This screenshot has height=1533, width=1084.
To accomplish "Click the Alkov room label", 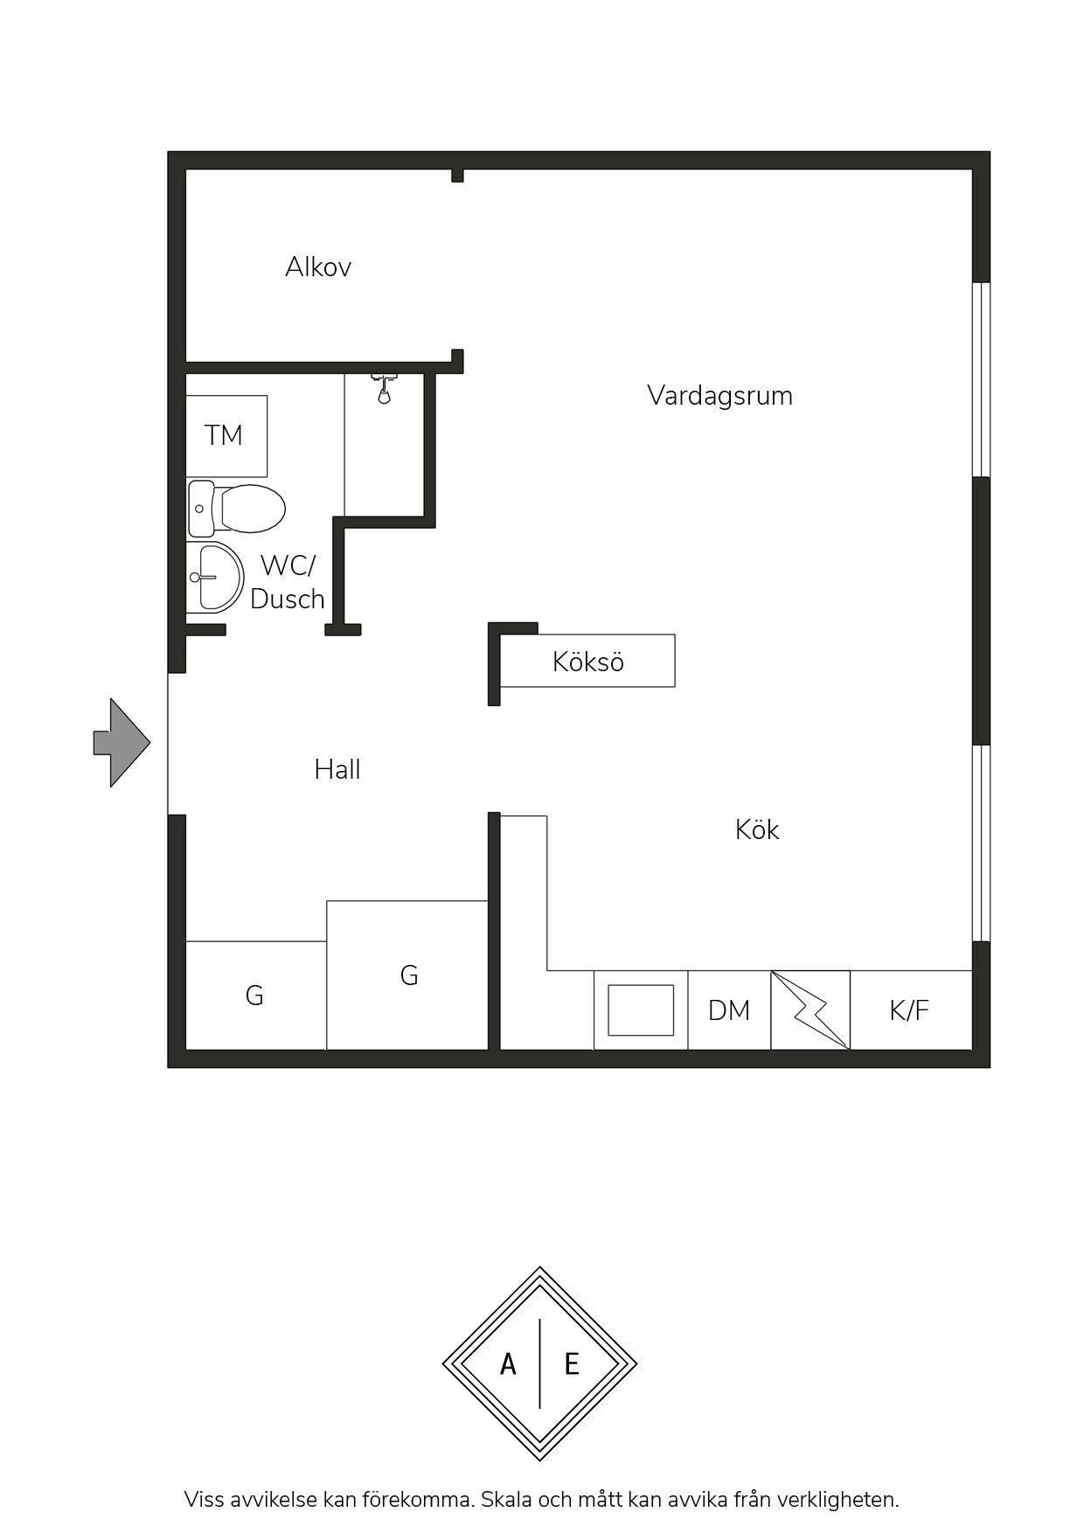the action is (x=318, y=267).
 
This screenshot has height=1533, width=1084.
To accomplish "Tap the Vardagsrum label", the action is (x=719, y=395).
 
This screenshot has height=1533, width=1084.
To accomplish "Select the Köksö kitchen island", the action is (x=587, y=661).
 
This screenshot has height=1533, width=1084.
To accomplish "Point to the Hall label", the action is (x=337, y=769).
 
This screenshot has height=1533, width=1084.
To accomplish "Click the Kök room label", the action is (x=757, y=829).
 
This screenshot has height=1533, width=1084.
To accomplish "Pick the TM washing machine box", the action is (x=226, y=435).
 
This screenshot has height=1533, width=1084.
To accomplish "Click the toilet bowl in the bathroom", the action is (x=252, y=508).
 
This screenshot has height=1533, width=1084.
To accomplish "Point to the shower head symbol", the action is (x=384, y=389).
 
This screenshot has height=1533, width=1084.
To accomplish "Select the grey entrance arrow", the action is (x=122, y=743).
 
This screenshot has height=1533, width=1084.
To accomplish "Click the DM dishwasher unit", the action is (x=729, y=1010).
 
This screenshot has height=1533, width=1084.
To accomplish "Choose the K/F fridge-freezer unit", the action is (x=910, y=1010).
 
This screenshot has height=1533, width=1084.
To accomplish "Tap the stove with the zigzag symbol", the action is (x=810, y=1010).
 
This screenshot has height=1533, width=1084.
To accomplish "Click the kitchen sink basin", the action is (x=641, y=1010).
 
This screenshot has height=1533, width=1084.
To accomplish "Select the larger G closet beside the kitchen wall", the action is (x=407, y=975).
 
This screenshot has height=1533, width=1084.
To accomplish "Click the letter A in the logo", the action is (x=508, y=1363).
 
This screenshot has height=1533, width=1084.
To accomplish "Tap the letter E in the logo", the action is (x=572, y=1363).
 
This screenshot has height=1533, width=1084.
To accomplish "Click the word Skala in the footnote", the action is (x=505, y=1500).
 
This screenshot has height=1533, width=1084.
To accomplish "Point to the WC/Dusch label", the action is (x=288, y=582).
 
